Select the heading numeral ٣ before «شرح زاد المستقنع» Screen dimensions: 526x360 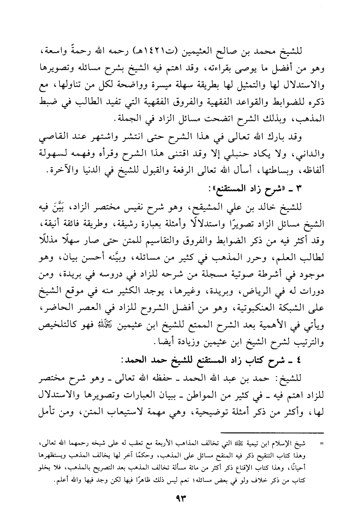[x=297, y=189]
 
